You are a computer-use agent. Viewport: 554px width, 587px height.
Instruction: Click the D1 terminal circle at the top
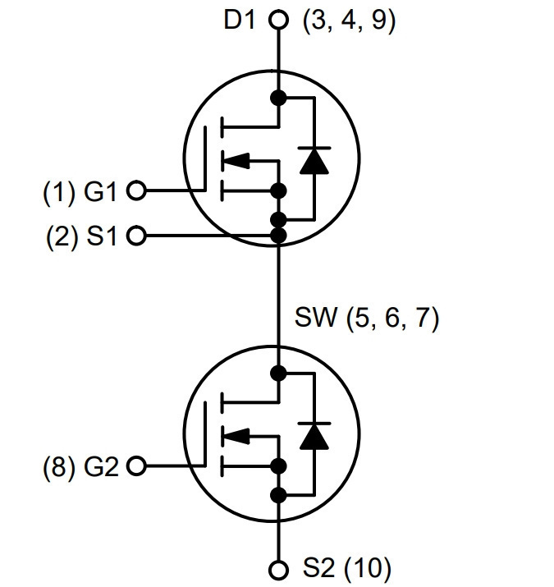pyautogui.click(x=278, y=20)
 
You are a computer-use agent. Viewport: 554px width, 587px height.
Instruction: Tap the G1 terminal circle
pyautogui.click(x=136, y=190)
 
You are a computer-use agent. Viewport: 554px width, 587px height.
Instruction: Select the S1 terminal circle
pyautogui.click(x=136, y=236)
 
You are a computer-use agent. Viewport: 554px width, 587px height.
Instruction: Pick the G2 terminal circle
pyautogui.click(x=136, y=466)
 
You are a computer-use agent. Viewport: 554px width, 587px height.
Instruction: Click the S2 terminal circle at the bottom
pyautogui.click(x=278, y=570)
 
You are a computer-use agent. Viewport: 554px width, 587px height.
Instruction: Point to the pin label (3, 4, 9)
pyautogui.click(x=349, y=21)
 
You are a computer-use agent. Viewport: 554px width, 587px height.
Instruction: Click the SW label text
pyautogui.click(x=316, y=317)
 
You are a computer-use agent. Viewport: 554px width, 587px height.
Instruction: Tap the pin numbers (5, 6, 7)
pyautogui.click(x=392, y=319)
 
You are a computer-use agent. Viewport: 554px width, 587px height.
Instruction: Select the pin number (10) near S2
pyautogui.click(x=368, y=569)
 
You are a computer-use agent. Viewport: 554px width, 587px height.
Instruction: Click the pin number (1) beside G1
pyautogui.click(x=59, y=192)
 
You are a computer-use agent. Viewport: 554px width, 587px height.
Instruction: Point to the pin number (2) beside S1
pyautogui.click(x=62, y=237)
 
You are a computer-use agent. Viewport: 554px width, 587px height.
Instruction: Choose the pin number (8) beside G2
pyautogui.click(x=59, y=468)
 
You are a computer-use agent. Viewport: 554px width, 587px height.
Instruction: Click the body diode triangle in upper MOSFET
pyautogui.click(x=314, y=162)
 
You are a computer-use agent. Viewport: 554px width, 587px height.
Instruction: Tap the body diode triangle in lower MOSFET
pyautogui.click(x=314, y=437)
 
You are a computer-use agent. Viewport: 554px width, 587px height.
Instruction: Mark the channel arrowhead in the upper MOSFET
pyautogui.click(x=236, y=161)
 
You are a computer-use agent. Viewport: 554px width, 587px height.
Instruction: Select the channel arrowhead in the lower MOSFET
pyautogui.click(x=236, y=437)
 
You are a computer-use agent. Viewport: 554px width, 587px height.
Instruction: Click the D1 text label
pyautogui.click(x=240, y=20)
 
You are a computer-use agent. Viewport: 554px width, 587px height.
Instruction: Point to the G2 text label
pyautogui.click(x=101, y=467)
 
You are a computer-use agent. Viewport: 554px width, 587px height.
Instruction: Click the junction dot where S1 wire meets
pyautogui.click(x=278, y=236)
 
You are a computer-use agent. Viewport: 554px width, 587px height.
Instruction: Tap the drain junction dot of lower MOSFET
pyautogui.click(x=278, y=374)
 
